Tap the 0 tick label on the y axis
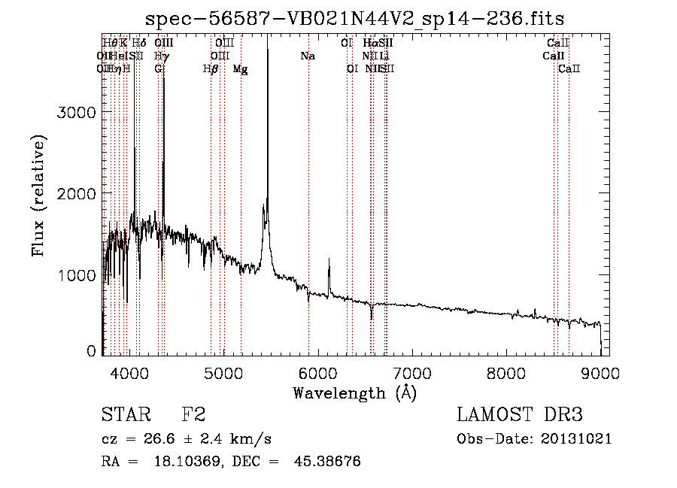[x=91, y=350]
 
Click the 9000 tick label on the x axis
[x=600, y=371]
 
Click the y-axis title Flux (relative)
[x=38, y=196]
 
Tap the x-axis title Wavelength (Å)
[x=354, y=393]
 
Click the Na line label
[x=307, y=56]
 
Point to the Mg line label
[x=240, y=69]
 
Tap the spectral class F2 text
[x=193, y=416]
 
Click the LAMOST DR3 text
[x=520, y=416]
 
